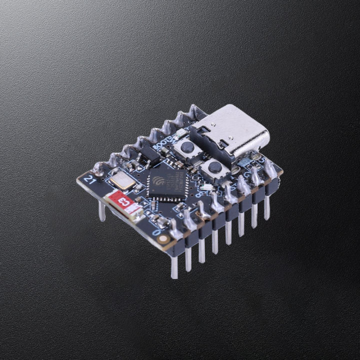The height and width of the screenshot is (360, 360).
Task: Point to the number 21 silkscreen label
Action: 90,178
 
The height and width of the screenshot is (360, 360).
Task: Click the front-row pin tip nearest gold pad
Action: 174,274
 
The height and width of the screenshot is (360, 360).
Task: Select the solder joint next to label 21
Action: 99,170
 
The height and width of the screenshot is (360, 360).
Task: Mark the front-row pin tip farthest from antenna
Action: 267,215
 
